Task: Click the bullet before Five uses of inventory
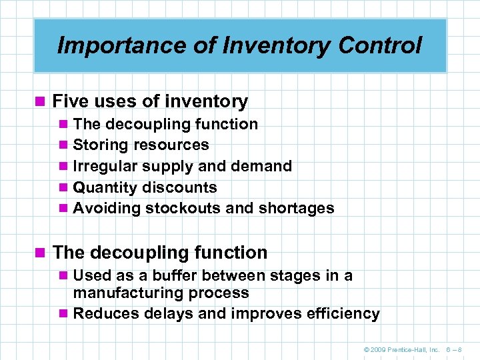[x=42, y=102]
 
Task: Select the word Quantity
[x=105, y=187]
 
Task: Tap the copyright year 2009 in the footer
[x=378, y=349]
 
